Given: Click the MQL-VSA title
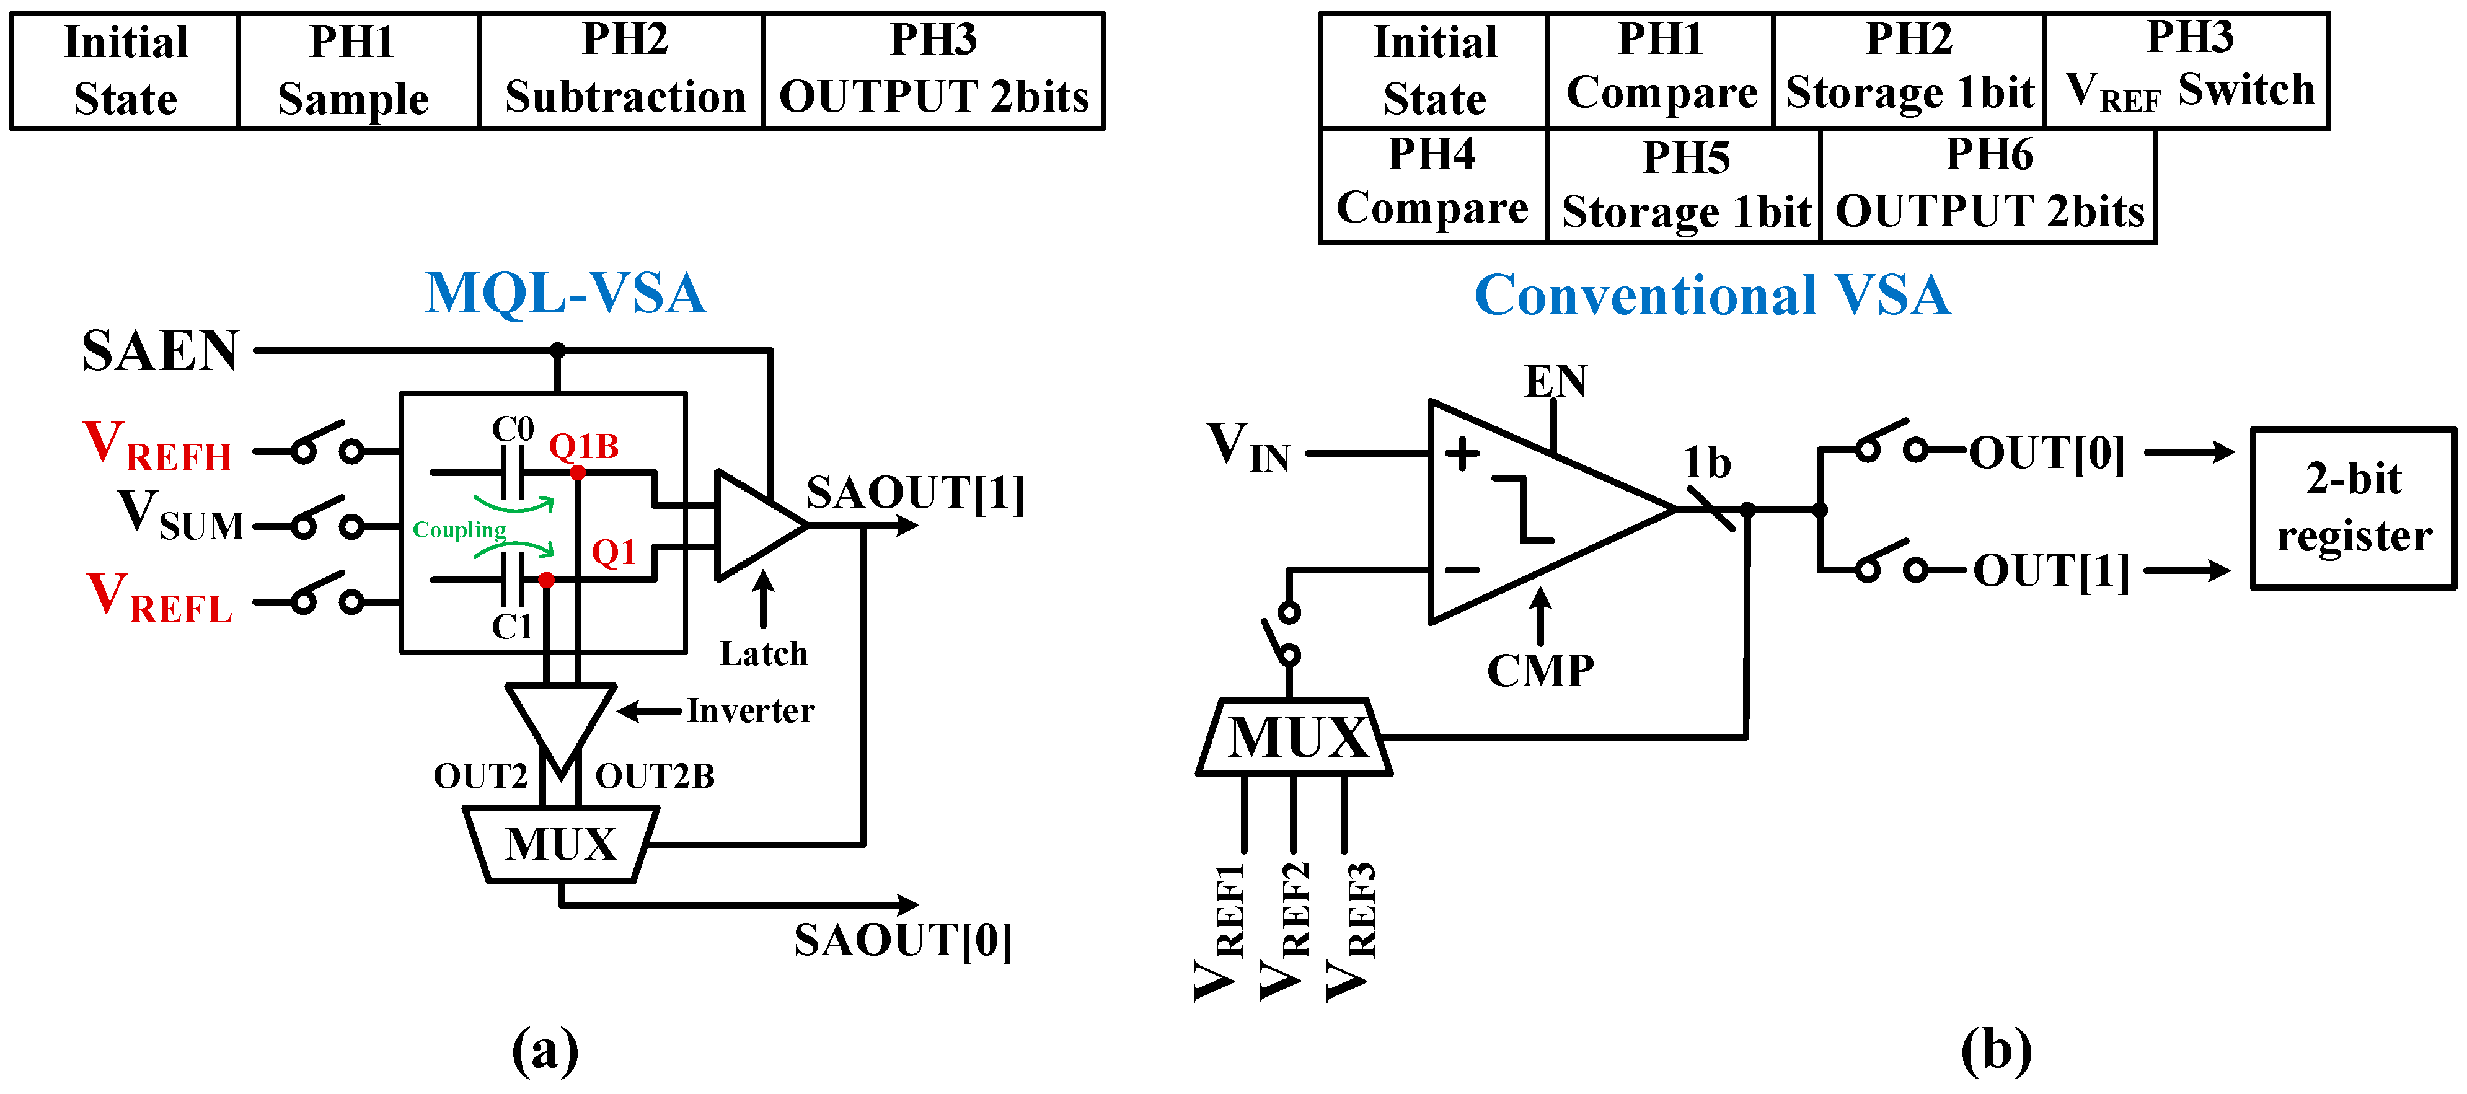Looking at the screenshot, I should [565, 293].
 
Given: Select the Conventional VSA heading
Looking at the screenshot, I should [1711, 295].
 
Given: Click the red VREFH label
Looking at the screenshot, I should [158, 448].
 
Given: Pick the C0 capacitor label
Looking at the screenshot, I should [513, 428].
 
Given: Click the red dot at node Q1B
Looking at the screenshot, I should [578, 472].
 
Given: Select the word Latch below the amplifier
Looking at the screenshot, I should [763, 653].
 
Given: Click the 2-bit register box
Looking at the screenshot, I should [2353, 508].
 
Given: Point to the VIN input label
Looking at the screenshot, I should [1248, 448].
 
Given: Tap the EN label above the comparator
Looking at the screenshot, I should [1555, 381].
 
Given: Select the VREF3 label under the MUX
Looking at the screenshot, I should [1349, 929].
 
